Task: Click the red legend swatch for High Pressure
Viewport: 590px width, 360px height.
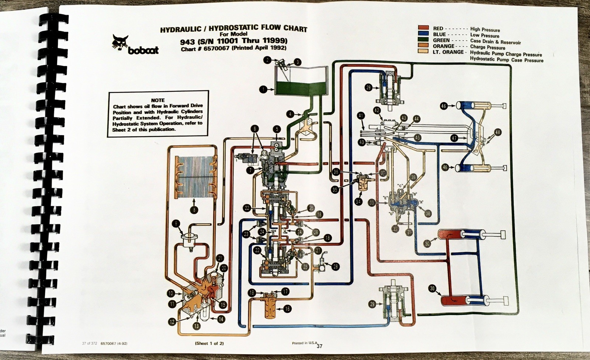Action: (423, 28)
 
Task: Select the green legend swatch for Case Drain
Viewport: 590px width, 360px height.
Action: (423, 40)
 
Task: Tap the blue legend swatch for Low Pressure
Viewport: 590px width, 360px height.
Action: (423, 34)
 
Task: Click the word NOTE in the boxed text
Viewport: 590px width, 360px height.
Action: (158, 100)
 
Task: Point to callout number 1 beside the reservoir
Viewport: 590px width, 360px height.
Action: (263, 89)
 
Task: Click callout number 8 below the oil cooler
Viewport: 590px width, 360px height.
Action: (194, 210)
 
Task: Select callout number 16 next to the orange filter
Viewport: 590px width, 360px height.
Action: (287, 309)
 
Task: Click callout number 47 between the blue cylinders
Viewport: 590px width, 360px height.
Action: (454, 138)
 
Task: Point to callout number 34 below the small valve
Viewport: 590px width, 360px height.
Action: (358, 201)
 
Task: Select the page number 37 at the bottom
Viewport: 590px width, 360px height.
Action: (319, 346)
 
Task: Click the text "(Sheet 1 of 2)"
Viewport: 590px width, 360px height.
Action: (209, 343)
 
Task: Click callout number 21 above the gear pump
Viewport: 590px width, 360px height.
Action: (220, 258)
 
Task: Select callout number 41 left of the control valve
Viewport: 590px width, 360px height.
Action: (361, 116)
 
